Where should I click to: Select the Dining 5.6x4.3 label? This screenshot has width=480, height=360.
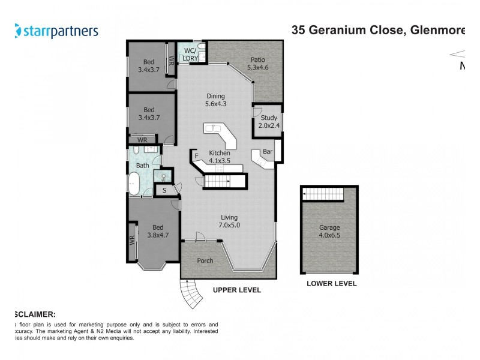[x=215, y=100]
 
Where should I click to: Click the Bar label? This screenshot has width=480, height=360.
[x=268, y=152]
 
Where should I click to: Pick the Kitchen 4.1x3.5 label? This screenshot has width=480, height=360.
[x=220, y=157]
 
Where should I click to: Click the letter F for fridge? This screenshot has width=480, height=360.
[x=196, y=157]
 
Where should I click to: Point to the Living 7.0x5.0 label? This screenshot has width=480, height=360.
[x=229, y=221]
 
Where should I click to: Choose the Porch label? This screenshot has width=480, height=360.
[x=205, y=261]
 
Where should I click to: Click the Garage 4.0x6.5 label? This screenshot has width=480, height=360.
[x=329, y=232]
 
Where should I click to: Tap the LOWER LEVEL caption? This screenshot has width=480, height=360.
[x=331, y=284]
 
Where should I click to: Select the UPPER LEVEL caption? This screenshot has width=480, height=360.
[x=237, y=290]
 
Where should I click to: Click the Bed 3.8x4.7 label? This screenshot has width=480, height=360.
[x=157, y=231]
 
